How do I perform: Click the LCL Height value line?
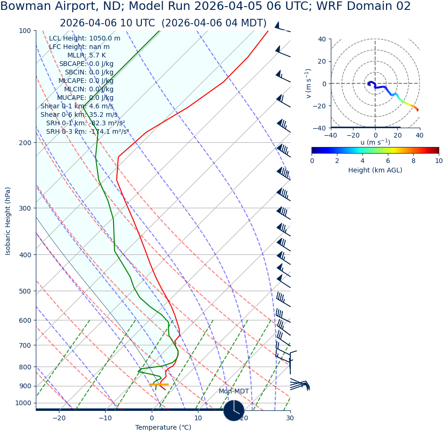[x=84, y=39]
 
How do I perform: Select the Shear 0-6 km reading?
[x=79, y=114]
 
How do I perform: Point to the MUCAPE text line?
[x=85, y=98]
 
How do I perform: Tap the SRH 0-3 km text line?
[x=87, y=131]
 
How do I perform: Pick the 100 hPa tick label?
[x=25, y=31]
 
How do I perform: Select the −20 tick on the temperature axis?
[x=59, y=418]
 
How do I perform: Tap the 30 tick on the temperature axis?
[x=290, y=418]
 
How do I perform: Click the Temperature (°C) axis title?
[x=163, y=428]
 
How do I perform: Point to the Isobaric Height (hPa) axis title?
[x=8, y=221]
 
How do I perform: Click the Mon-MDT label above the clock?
[x=233, y=392]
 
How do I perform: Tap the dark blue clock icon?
[x=234, y=410]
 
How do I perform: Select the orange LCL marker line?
[x=158, y=384]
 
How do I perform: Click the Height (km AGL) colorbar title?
[x=375, y=170]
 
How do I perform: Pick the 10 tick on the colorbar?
[x=439, y=161]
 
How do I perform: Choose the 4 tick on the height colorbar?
[x=362, y=161]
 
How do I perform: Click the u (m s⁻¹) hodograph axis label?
[x=375, y=142]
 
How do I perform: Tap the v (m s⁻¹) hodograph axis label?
[x=309, y=83]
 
